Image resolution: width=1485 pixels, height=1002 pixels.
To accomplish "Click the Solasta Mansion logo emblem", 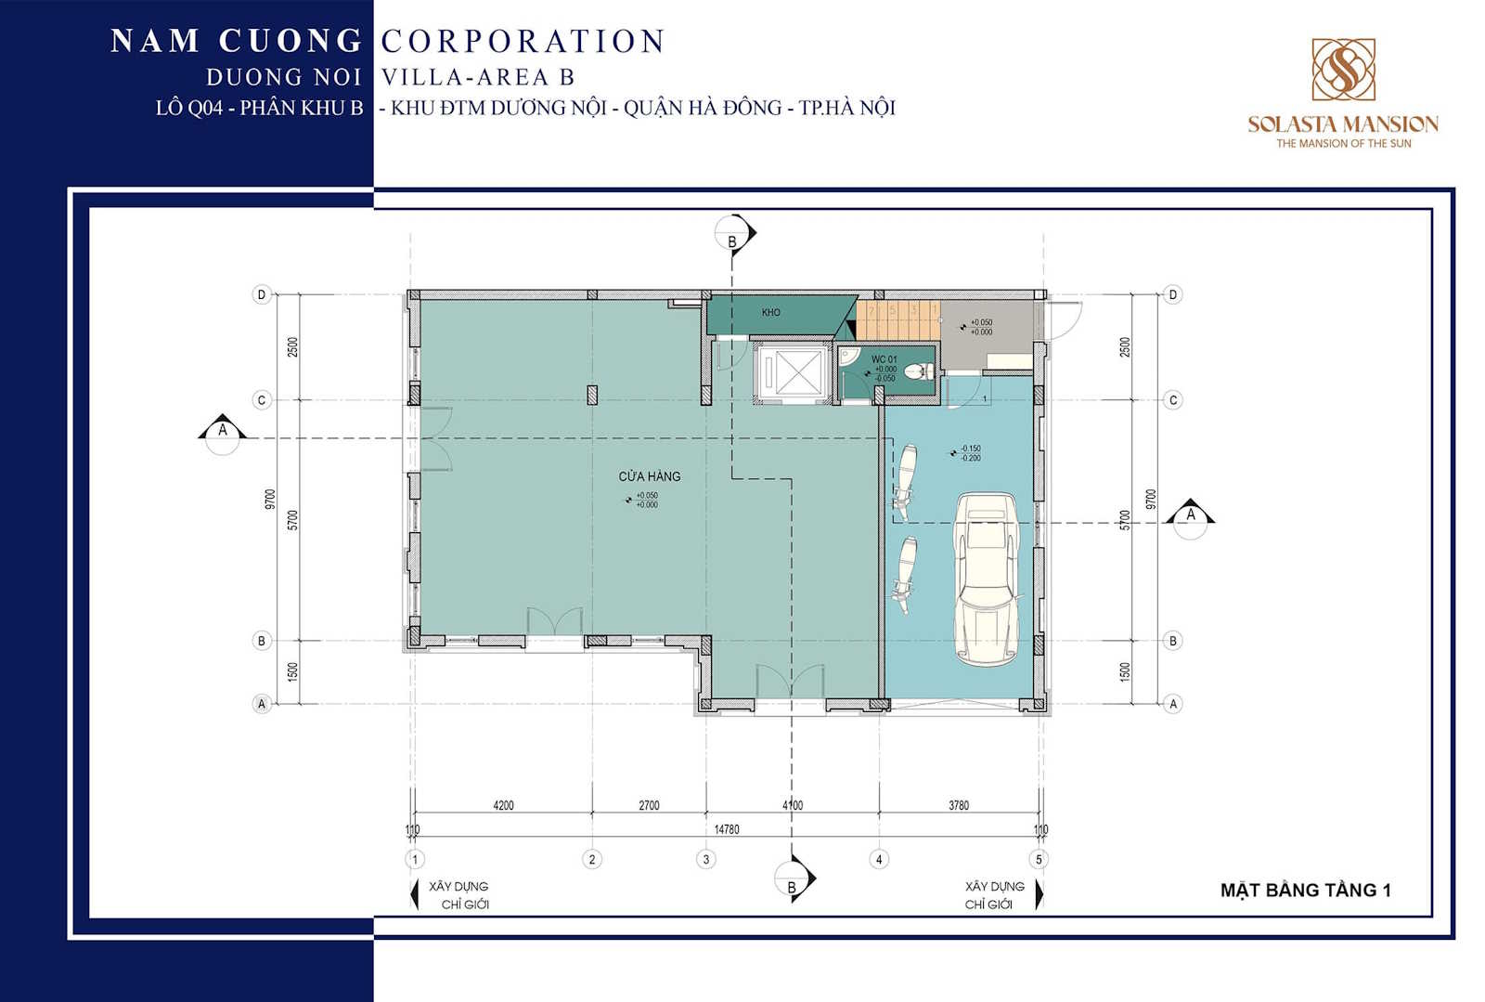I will click(x=1343, y=70).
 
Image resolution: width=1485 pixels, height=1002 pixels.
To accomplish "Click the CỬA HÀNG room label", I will click(x=650, y=476).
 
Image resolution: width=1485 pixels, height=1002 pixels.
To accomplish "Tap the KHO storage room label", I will click(x=771, y=313).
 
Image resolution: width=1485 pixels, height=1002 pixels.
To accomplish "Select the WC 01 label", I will click(x=884, y=359).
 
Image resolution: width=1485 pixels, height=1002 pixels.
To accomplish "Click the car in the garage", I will click(x=987, y=578).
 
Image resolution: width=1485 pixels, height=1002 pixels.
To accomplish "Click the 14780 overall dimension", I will click(x=727, y=829).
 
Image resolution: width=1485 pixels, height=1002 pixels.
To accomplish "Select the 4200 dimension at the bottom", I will click(x=503, y=805).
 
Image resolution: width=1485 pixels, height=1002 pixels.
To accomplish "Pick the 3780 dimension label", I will click(x=959, y=805).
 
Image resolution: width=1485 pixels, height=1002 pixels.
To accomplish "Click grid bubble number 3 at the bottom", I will click(x=705, y=859).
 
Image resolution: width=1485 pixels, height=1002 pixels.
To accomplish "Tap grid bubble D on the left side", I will click(x=262, y=294).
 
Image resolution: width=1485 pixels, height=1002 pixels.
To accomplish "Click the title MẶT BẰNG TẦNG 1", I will click(x=1305, y=891).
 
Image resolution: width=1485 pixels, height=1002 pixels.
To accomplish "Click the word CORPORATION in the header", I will click(x=523, y=41).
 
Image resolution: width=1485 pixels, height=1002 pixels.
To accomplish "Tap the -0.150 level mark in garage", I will click(x=970, y=449).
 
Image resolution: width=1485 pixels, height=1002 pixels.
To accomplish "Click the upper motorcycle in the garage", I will click(x=905, y=479).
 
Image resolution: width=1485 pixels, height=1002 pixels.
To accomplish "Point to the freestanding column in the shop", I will click(x=592, y=395).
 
